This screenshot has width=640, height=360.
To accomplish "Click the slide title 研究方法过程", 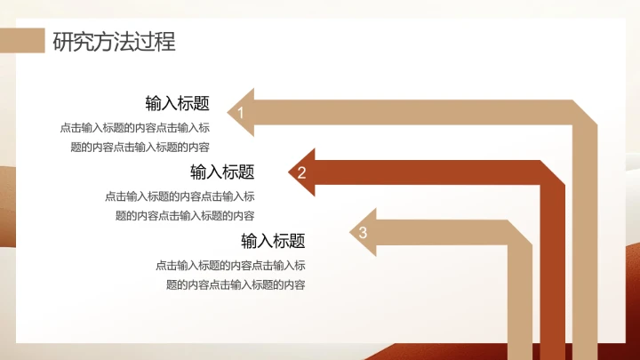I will [x=114, y=42].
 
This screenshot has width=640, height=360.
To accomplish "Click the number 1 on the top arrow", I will [x=240, y=112].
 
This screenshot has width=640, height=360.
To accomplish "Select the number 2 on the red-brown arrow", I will [x=301, y=172].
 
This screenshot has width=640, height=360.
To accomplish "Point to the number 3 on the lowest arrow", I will [x=363, y=233].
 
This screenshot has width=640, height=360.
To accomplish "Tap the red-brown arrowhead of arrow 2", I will [x=301, y=172].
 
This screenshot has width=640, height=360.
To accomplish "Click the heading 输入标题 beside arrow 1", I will [x=178, y=103].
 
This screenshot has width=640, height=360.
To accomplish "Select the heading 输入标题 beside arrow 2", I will [x=222, y=172].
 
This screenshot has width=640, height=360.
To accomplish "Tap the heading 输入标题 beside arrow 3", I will [x=273, y=241].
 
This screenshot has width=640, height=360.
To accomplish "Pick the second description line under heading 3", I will [x=236, y=284].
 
